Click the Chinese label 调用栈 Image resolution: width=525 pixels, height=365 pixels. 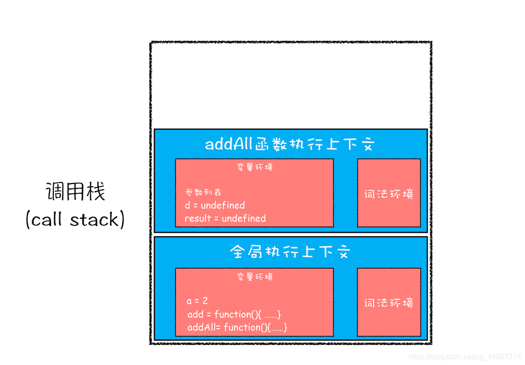pyautogui.click(x=75, y=192)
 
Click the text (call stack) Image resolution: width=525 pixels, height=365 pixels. pyautogui.click(x=75, y=220)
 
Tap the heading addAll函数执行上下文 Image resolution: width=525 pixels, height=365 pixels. pyautogui.click(x=290, y=144)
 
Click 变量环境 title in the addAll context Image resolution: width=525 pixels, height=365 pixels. pyautogui.click(x=254, y=167)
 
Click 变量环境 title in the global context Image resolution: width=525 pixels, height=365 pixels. pyautogui.click(x=254, y=277)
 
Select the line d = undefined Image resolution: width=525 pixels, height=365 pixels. pyautogui.click(x=215, y=205)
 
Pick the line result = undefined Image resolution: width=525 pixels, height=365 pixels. pyautogui.click(x=225, y=218)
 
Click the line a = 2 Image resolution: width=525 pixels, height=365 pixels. pyautogui.click(x=197, y=301)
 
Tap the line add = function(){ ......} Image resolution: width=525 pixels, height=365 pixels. pyautogui.click(x=234, y=314)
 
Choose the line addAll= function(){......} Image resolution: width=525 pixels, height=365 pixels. pyautogui.click(x=237, y=327)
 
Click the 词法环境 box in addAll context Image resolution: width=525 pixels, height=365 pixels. pyautogui.click(x=389, y=193)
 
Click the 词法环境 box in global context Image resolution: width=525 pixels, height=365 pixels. pyautogui.click(x=389, y=302)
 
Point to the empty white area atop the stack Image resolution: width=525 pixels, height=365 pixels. pyautogui.click(x=290, y=86)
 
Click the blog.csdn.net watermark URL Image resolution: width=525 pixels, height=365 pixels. pyautogui.click(x=464, y=357)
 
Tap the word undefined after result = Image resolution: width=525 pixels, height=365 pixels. pyautogui.click(x=244, y=218)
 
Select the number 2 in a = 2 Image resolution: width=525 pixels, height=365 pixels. pyautogui.click(x=205, y=301)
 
